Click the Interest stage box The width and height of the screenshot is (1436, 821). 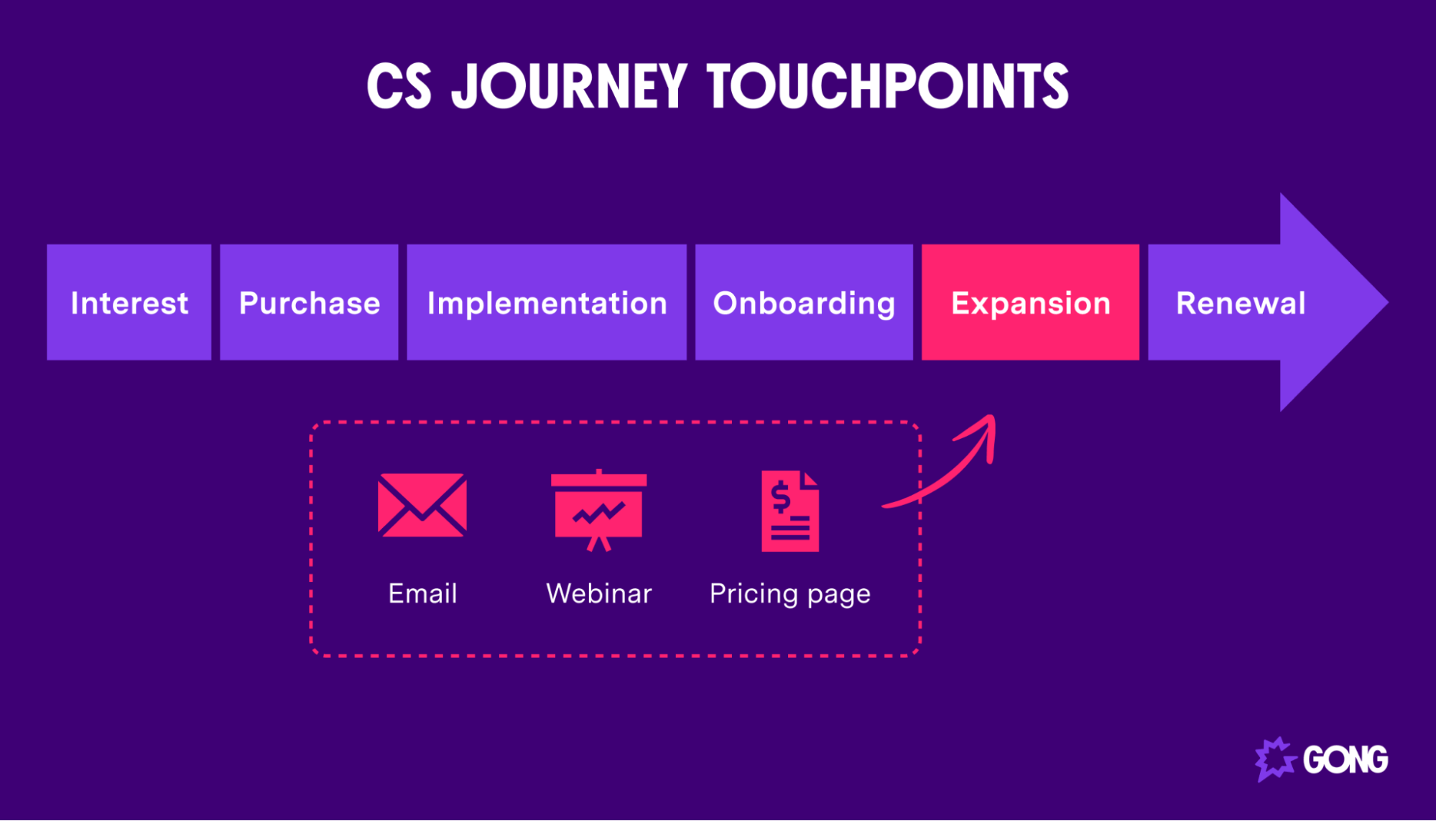click(129, 302)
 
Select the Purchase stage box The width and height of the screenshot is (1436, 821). click(309, 302)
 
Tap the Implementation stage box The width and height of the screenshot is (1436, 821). click(547, 302)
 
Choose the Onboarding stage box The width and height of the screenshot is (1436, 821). click(804, 302)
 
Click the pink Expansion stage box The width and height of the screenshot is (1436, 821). click(1030, 302)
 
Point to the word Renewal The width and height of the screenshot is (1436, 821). click(1241, 303)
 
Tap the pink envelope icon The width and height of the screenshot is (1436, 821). click(422, 505)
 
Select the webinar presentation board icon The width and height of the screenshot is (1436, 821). click(598, 509)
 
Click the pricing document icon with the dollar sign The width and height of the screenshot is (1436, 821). click(790, 511)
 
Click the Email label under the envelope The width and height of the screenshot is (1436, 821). click(422, 594)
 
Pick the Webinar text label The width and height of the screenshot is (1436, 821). click(598, 594)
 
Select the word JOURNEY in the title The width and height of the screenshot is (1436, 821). click(569, 86)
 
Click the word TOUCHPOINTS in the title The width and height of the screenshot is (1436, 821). click(888, 86)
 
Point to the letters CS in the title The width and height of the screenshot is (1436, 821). click(399, 86)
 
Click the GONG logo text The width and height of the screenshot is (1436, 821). click(1345, 760)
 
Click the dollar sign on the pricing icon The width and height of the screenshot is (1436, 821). click(780, 497)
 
